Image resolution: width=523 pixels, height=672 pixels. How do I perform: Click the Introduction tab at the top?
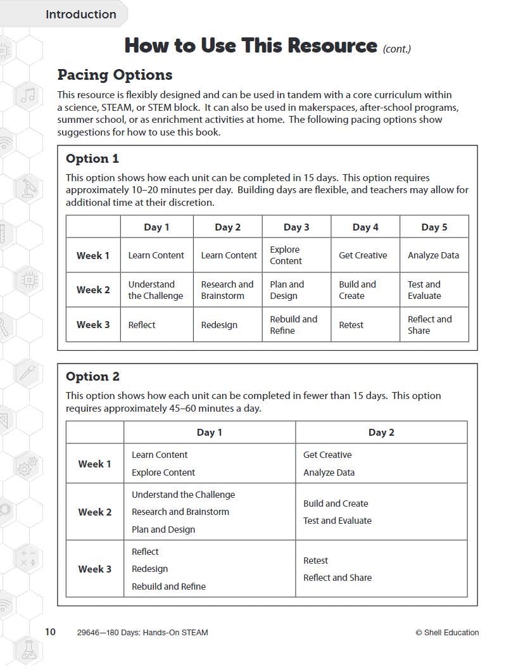[x=80, y=14]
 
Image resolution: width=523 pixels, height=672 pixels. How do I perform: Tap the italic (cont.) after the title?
[x=397, y=48]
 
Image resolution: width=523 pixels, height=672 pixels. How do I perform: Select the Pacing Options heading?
[x=115, y=75]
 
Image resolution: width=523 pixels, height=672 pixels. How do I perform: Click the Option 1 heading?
[x=92, y=159]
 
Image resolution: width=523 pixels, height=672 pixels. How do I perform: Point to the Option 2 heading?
[x=92, y=377]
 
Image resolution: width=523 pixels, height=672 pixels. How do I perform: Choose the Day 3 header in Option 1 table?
[x=296, y=227]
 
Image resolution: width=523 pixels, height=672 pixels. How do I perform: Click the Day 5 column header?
[x=434, y=227]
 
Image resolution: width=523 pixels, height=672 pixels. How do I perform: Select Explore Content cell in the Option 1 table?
[x=286, y=255]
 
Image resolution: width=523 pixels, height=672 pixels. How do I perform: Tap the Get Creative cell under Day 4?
[x=363, y=255]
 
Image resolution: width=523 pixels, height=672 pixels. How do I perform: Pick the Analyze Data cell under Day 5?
[x=433, y=255]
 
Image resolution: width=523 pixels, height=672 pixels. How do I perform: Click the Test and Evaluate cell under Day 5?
[x=424, y=290]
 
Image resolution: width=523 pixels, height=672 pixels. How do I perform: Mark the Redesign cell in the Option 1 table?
[x=219, y=325]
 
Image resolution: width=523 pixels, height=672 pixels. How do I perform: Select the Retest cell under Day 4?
[x=351, y=325]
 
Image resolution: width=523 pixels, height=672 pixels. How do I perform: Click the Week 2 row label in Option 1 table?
[x=93, y=290]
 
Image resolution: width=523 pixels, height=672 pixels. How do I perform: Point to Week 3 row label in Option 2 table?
[x=94, y=569]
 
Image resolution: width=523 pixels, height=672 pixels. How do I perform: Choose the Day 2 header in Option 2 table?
[x=381, y=433]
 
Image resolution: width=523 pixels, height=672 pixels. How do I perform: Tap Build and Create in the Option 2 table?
[x=336, y=504]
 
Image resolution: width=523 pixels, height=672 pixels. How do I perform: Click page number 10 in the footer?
[x=50, y=631]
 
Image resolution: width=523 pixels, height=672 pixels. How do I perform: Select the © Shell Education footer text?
[x=447, y=632]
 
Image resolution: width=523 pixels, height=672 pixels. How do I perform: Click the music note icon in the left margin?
[x=28, y=96]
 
